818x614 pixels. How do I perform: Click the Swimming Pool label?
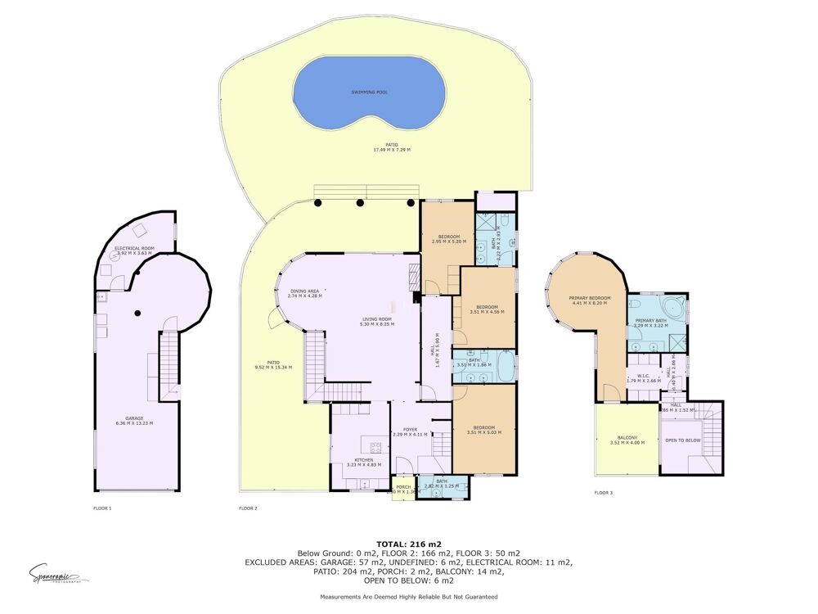coord(370,93)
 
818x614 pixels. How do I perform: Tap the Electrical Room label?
coord(134,248)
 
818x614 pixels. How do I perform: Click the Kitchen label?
coord(364,460)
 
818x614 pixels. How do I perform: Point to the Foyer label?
coord(409,429)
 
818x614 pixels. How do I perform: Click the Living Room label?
coord(378,319)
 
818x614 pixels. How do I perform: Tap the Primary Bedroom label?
coord(590,299)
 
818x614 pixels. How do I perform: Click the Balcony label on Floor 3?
coord(627,437)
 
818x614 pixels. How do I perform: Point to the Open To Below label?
coord(682,440)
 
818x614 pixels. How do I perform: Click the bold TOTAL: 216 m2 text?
coord(408,544)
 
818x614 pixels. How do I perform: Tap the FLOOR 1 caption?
coord(102,508)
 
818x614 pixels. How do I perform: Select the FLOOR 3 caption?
coord(603,493)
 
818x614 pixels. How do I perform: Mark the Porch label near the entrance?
coord(402,486)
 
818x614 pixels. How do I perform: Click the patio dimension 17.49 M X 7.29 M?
coord(391,150)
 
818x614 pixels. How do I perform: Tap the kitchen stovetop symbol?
coord(376,448)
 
